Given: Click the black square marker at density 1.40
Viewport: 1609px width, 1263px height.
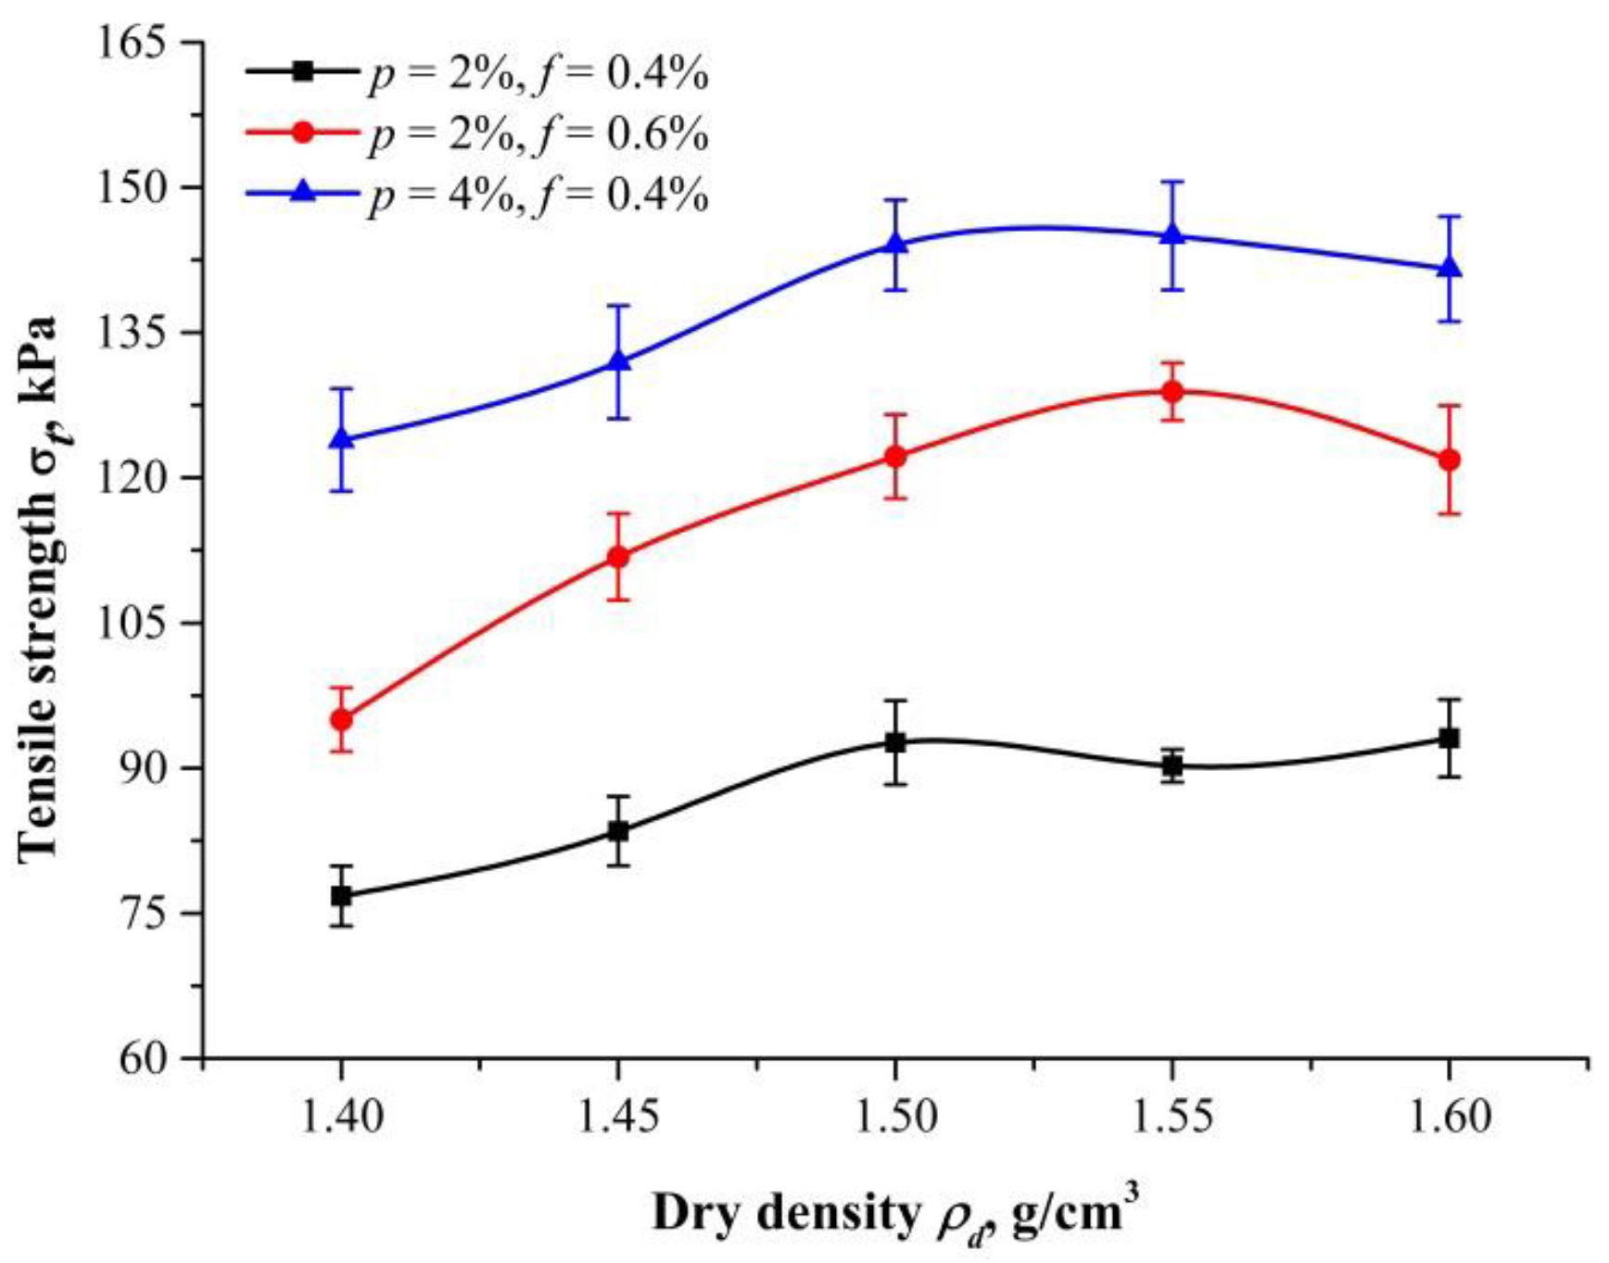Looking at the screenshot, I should click(341, 896).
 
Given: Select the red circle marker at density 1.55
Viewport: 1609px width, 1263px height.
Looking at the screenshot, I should click(1172, 391).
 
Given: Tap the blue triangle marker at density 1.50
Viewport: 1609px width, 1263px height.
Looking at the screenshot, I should click(895, 244).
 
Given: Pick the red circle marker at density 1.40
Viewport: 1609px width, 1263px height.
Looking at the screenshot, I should click(341, 719).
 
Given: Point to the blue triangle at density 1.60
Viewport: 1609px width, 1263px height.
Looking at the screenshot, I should click(1449, 269).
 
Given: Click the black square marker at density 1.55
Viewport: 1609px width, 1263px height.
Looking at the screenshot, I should click(1172, 765).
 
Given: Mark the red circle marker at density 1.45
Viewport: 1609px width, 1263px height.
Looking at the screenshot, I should click(618, 557).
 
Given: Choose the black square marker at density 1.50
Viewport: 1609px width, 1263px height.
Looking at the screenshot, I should click(895, 742).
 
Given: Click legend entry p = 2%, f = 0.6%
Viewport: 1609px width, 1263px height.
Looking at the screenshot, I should click(538, 135).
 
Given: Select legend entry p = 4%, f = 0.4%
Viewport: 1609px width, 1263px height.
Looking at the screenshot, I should click(538, 196).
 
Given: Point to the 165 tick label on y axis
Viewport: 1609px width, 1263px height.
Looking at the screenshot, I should click(137, 44).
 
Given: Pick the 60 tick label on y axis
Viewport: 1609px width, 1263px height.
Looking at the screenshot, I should click(151, 1058).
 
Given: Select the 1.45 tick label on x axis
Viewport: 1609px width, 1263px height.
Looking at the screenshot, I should click(618, 1118).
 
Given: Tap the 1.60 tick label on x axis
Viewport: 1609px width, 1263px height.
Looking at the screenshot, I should click(1449, 1118).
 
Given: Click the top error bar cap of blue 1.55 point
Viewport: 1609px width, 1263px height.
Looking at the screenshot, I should click(1172, 182).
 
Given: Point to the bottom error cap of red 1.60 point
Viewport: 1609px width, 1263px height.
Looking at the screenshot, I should click(1449, 513).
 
